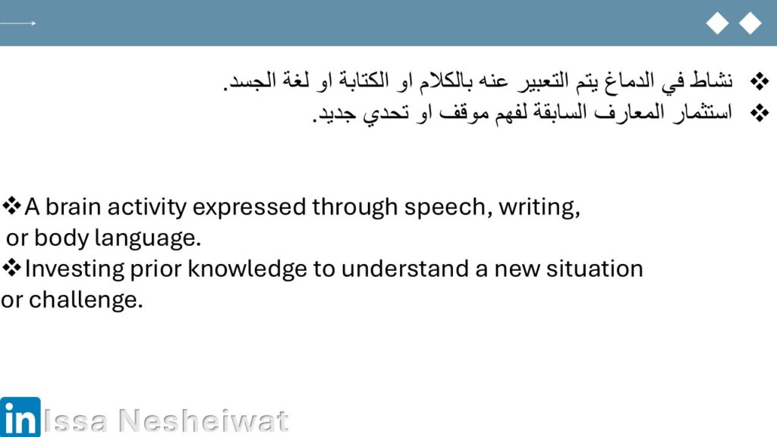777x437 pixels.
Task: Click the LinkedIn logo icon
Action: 20,417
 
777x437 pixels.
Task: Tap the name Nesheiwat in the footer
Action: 203,420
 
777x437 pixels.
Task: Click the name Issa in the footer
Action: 75,420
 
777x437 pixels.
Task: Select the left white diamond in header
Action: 717,24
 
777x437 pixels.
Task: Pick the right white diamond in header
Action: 750,24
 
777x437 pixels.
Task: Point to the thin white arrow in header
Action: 18,24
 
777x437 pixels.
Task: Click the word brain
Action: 74,206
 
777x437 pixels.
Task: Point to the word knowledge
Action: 247,269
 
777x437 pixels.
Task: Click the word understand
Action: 405,269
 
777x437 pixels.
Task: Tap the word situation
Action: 595,269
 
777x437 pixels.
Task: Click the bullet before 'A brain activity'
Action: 11,206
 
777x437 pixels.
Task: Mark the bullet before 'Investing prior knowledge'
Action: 11,268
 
